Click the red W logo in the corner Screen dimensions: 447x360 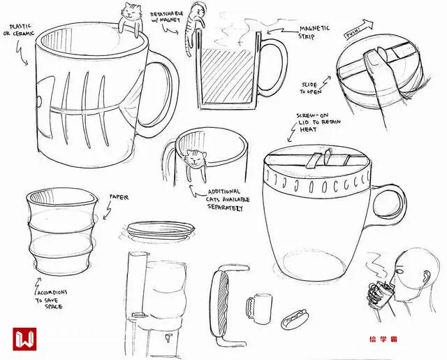tap(24, 339)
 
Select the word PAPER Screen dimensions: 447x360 tap(119, 197)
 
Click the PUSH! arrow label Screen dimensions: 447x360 tap(358, 29)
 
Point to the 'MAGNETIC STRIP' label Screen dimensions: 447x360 tap(314, 32)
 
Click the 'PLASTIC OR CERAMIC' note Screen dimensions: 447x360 tap(19, 30)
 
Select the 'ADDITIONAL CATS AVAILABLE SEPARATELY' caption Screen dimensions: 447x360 tap(228, 199)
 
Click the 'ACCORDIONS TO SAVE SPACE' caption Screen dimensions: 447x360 tap(52, 299)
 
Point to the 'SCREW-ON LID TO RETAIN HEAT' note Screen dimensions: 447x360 tap(318, 122)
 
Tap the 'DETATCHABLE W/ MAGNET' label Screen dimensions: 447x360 tap(166, 17)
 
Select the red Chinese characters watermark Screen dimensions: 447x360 tap(383, 339)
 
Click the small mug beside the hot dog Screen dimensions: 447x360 tap(259, 308)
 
